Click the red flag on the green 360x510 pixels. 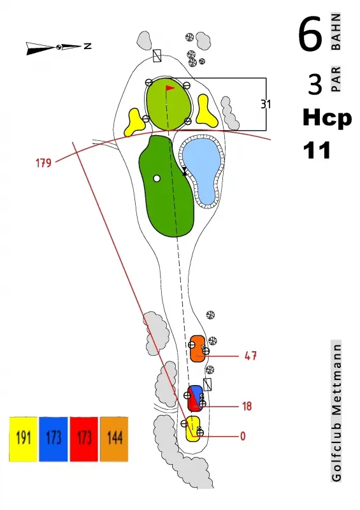(x=169, y=88)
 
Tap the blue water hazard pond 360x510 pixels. (x=201, y=169)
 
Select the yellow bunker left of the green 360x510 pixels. (x=133, y=122)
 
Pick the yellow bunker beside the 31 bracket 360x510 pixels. (x=206, y=111)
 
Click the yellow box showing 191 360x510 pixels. (x=23, y=439)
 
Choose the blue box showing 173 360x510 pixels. (x=54, y=439)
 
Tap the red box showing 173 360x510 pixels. (x=84, y=439)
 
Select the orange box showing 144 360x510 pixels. (x=114, y=439)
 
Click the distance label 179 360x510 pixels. (x=43, y=163)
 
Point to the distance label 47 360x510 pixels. (x=250, y=356)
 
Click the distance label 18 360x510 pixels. (x=247, y=406)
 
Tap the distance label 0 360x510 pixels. (x=243, y=436)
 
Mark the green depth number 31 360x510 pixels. (x=266, y=105)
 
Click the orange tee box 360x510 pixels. (x=197, y=349)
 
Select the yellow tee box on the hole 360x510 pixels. (x=193, y=428)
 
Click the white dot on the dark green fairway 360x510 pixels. (x=157, y=178)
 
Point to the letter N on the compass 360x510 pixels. (x=87, y=46)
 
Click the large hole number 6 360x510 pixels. (x=310, y=34)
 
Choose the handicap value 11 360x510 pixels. (x=317, y=150)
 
